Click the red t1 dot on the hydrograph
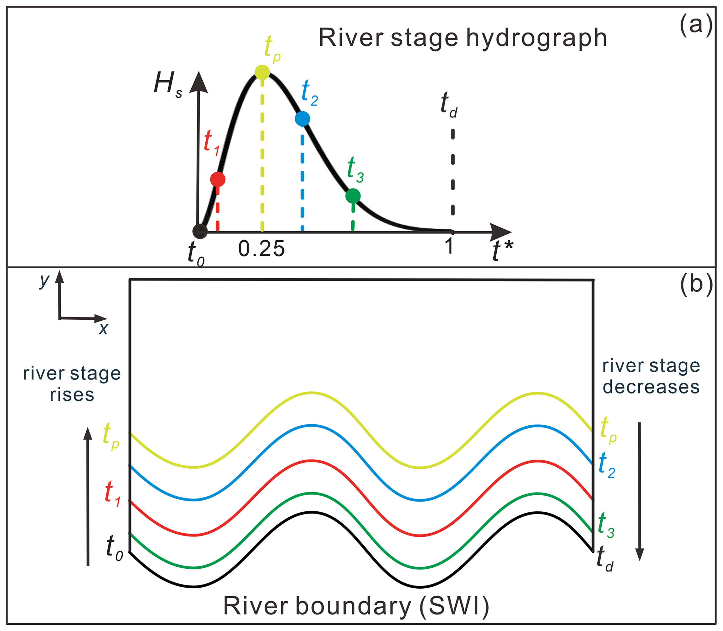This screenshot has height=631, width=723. coord(218,179)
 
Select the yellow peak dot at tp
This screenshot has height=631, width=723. coord(262,72)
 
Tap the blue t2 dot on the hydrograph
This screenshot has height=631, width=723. coord(302,119)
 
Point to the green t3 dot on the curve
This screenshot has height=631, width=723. coord(353,196)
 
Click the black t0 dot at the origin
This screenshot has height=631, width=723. coord(200,231)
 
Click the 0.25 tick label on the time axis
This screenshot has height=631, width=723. coord(261,249)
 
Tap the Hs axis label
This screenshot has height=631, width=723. coord(168,86)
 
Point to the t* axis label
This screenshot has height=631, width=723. coord(503,251)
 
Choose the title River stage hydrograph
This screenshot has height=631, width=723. coord(463,38)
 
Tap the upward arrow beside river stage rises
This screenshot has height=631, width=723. coord(88,496)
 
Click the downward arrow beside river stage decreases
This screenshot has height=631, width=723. coord(639,491)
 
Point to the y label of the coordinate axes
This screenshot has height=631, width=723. coord(45,281)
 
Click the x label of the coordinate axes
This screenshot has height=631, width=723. coord(103,328)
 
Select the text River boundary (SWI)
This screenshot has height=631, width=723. coord(356,606)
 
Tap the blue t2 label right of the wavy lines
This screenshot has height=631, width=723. coord(607,465)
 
